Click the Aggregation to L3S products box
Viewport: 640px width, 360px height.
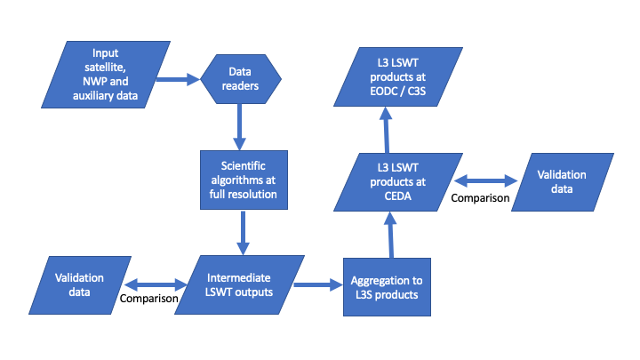pos(387,288)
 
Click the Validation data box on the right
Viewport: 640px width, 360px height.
pos(562,182)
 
